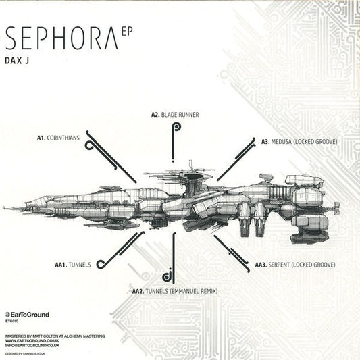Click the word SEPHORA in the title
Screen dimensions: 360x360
tap(61, 39)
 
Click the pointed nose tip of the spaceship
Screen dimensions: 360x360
tap(4, 207)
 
